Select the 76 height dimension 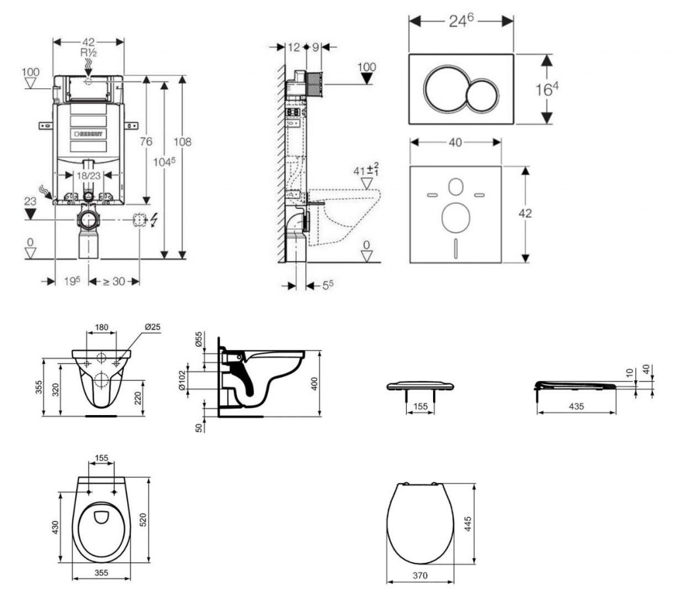[x=146, y=142]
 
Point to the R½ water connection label [x=88, y=52]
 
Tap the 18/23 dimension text [x=88, y=176]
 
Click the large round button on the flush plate [x=445, y=89]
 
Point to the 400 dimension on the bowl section [x=315, y=384]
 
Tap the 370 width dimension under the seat [x=420, y=575]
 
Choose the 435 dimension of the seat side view [x=576, y=407]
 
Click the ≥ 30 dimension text [x=115, y=281]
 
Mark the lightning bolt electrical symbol [x=154, y=220]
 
